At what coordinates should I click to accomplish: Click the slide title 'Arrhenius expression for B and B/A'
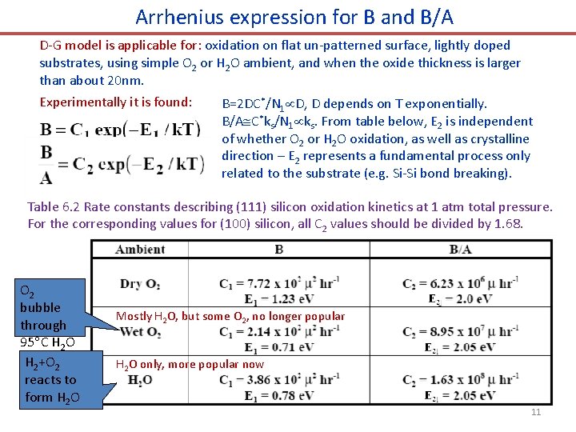tap(294, 17)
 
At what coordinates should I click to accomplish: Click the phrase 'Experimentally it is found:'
tap(116, 102)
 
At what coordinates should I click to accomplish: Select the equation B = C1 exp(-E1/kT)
tap(120, 130)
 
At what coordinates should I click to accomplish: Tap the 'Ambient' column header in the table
tap(140, 250)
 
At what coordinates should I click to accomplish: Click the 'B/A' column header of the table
tap(460, 250)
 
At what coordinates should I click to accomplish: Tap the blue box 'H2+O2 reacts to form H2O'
tap(50, 380)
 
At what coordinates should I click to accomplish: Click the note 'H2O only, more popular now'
tap(190, 364)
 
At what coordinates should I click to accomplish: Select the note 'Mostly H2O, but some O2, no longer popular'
tap(230, 316)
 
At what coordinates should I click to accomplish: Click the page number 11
tap(536, 412)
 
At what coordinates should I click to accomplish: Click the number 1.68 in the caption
tap(506, 223)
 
